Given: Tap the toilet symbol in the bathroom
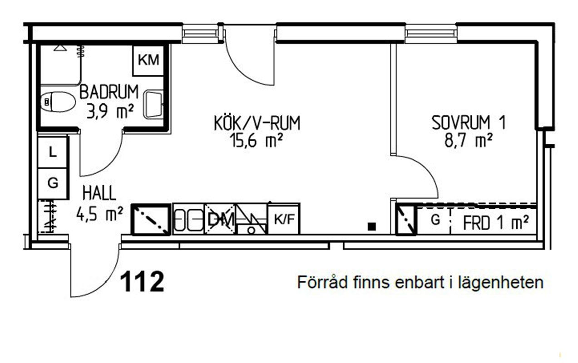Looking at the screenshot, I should pyautogui.click(x=58, y=102).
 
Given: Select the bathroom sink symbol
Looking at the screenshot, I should pyautogui.click(x=153, y=104).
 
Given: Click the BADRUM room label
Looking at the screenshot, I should pyautogui.click(x=109, y=92).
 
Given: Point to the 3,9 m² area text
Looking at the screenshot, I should pyautogui.click(x=110, y=111).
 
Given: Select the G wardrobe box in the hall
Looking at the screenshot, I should pyautogui.click(x=53, y=183).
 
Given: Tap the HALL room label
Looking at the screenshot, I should pyautogui.click(x=99, y=194).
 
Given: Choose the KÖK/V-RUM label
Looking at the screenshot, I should pyautogui.click(x=257, y=123).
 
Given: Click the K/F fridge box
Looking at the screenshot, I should pyautogui.click(x=284, y=220).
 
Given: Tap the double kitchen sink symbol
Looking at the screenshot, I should pyautogui.click(x=189, y=220).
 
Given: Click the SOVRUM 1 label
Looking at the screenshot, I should pyautogui.click(x=468, y=123).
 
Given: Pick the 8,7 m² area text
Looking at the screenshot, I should pyautogui.click(x=469, y=141).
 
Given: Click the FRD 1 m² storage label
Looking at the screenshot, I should pyautogui.click(x=495, y=223).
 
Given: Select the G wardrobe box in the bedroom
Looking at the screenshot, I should pyautogui.click(x=435, y=221).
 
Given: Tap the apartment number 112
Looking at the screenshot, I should pyautogui.click(x=142, y=282).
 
